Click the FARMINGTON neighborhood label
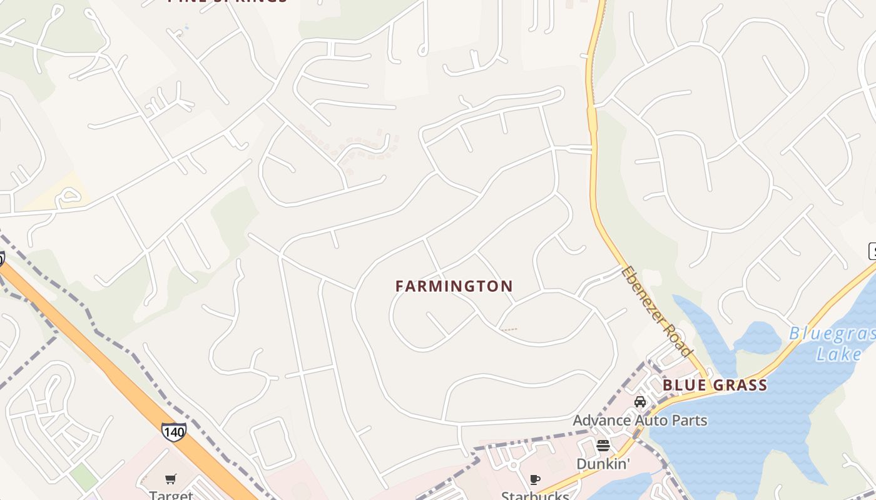[454, 286]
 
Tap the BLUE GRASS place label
[715, 385]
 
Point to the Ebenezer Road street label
[657, 311]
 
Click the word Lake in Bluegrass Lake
[838, 354]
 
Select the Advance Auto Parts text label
[640, 420]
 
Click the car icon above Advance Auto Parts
[639, 402]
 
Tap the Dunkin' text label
[603, 464]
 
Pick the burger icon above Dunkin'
[603, 446]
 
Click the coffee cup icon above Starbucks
[534, 480]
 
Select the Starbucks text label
[535, 496]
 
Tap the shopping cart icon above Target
[171, 479]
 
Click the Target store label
[171, 495]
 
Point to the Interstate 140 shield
[173, 432]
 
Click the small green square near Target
[83, 477]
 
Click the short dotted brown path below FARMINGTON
[509, 329]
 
